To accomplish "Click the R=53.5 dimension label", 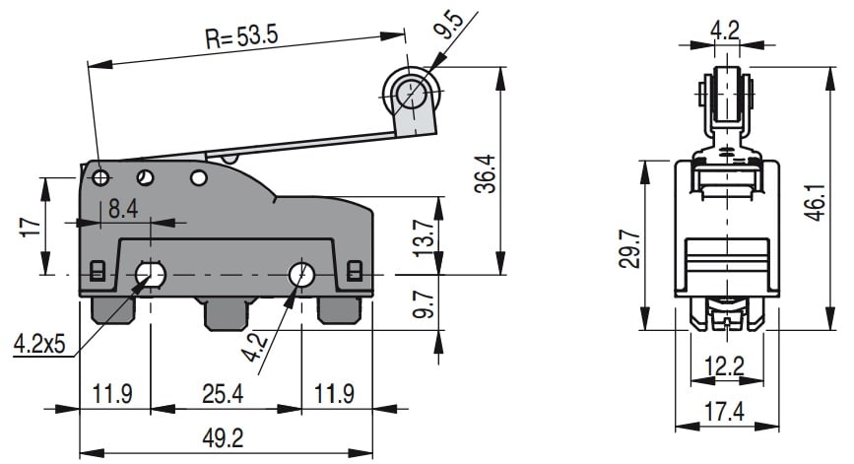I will (x=242, y=36).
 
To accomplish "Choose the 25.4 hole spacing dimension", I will (x=227, y=394).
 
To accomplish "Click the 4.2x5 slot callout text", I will (x=39, y=344).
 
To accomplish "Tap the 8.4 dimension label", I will (x=123, y=209).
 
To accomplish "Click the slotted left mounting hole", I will (x=151, y=273).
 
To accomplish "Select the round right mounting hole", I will (x=301, y=273).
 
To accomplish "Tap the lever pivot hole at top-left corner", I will (x=101, y=177).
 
